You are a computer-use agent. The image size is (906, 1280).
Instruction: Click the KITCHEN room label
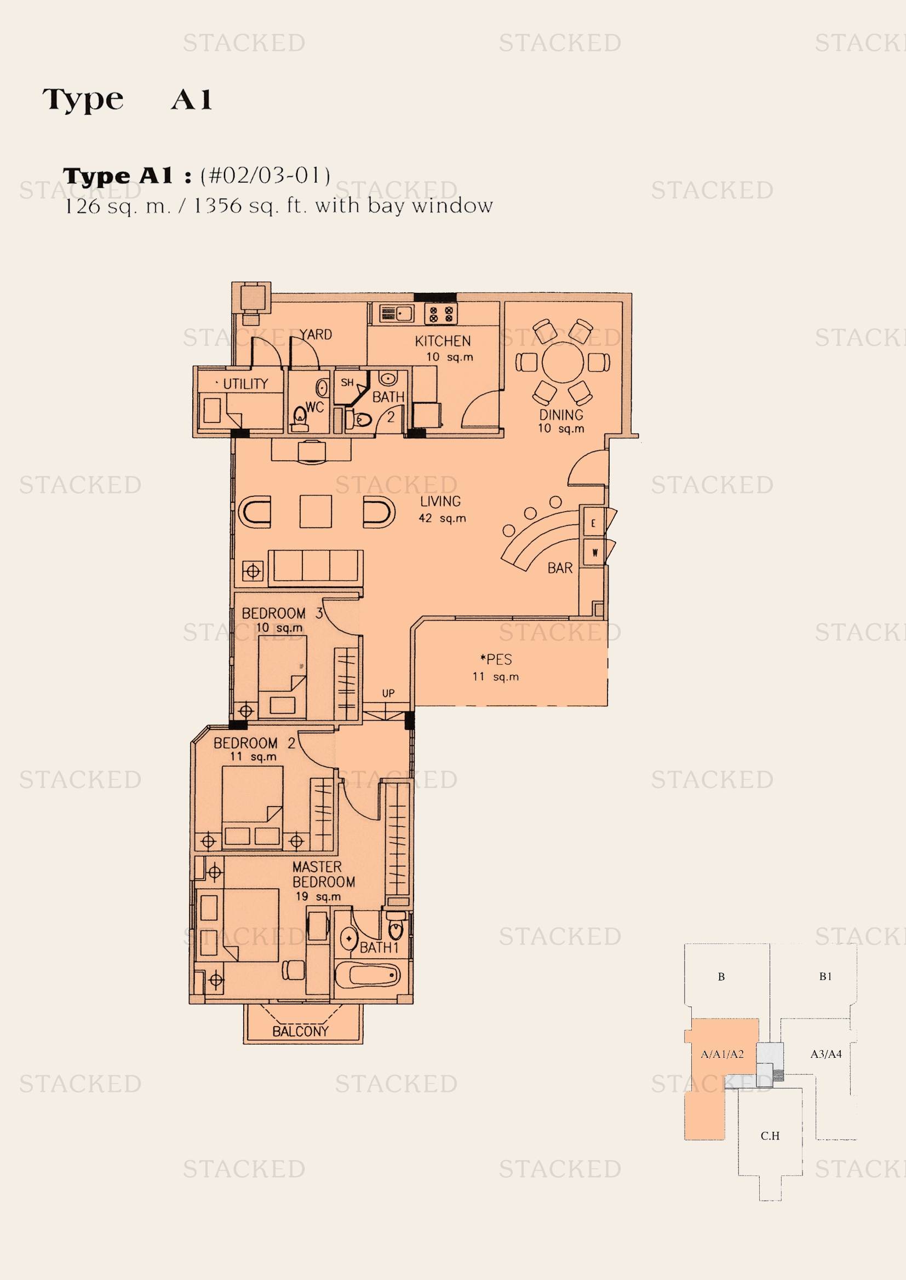click(x=443, y=340)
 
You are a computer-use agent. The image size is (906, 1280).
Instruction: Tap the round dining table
click(x=563, y=362)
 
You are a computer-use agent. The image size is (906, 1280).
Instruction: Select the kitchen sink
click(x=397, y=314)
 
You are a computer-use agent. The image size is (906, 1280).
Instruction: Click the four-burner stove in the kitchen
click(x=441, y=314)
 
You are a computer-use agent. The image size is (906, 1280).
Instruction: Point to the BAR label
click(x=560, y=568)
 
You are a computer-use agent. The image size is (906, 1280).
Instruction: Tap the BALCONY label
click(x=300, y=1032)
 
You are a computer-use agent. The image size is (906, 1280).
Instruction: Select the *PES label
click(x=496, y=659)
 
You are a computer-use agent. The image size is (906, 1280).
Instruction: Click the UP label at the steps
click(x=388, y=693)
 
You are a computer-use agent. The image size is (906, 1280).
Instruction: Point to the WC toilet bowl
click(x=300, y=418)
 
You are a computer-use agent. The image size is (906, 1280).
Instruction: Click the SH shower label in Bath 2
click(x=347, y=383)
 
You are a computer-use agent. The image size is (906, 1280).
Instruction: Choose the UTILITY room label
click(x=245, y=384)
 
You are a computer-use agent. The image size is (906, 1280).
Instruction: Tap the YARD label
click(x=315, y=334)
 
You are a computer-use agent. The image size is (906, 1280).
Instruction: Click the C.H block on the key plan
click(x=770, y=1135)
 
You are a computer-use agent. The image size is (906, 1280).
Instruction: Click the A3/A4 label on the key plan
click(x=825, y=1053)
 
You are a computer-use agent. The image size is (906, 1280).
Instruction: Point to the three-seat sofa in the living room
click(x=316, y=567)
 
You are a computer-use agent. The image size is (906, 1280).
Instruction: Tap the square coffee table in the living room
click(x=316, y=511)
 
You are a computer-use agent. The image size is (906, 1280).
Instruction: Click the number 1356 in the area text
click(x=217, y=206)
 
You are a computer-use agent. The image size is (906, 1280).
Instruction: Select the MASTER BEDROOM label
click(x=323, y=874)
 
